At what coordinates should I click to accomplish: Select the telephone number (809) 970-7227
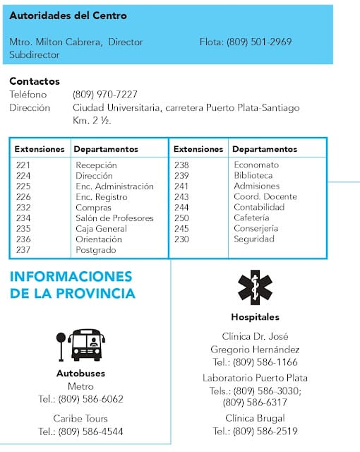tap(104, 95)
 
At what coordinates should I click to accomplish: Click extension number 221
tap(23, 165)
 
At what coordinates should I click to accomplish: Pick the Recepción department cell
tap(96, 165)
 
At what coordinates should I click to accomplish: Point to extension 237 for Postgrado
tap(23, 250)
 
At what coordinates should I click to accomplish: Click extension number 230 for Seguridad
tap(182, 239)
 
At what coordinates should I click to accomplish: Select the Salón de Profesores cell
tap(114, 218)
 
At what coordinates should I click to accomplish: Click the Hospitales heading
tap(255, 317)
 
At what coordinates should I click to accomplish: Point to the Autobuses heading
tap(80, 373)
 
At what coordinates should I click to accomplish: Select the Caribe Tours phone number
tap(80, 432)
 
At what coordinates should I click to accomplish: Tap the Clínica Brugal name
tap(255, 418)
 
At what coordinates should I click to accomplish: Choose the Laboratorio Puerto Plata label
tap(255, 378)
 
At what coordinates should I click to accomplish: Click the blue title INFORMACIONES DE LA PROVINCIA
tap(71, 284)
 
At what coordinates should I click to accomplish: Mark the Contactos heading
tap(35, 81)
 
